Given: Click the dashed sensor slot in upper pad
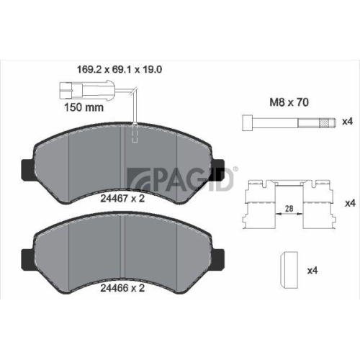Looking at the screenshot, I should click(135, 135).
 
